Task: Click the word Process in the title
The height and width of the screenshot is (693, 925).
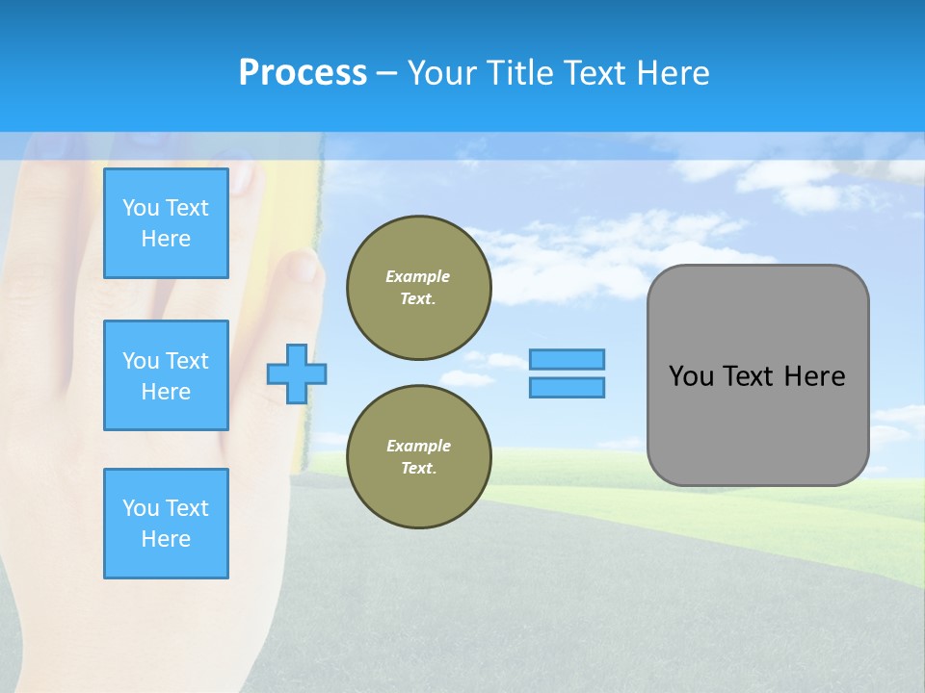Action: click(303, 73)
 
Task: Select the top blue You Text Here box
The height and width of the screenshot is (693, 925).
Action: click(166, 223)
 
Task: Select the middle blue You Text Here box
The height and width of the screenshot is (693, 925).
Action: click(166, 375)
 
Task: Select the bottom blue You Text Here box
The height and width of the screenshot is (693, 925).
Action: click(166, 524)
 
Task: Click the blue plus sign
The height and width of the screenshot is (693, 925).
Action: click(297, 373)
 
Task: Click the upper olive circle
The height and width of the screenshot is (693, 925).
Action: click(419, 288)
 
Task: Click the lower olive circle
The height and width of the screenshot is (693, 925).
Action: click(419, 457)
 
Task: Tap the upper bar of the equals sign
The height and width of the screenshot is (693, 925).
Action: click(567, 359)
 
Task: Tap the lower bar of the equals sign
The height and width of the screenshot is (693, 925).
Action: click(567, 387)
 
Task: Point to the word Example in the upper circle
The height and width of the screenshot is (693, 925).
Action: click(418, 276)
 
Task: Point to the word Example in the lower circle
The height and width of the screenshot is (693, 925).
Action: click(418, 446)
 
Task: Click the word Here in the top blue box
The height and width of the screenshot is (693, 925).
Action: click(166, 239)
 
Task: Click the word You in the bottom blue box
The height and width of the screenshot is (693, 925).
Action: click(141, 508)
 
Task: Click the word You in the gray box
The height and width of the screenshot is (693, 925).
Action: click(691, 376)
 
